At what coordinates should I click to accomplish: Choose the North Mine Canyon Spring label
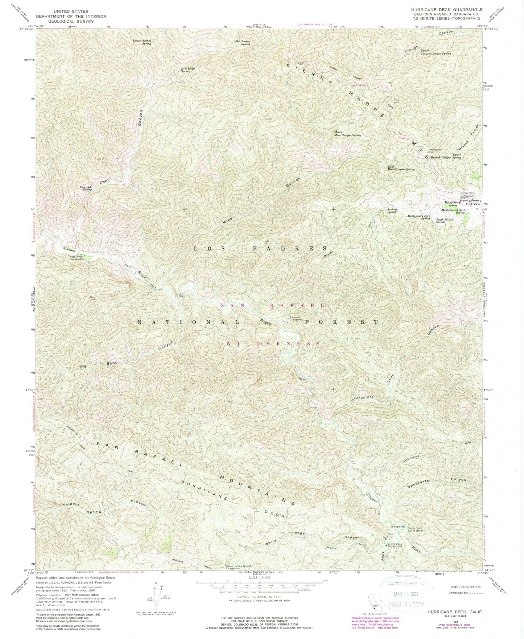(x=347, y=134)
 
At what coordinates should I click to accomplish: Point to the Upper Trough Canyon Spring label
(x=436, y=52)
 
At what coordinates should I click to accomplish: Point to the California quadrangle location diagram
(x=364, y=602)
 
